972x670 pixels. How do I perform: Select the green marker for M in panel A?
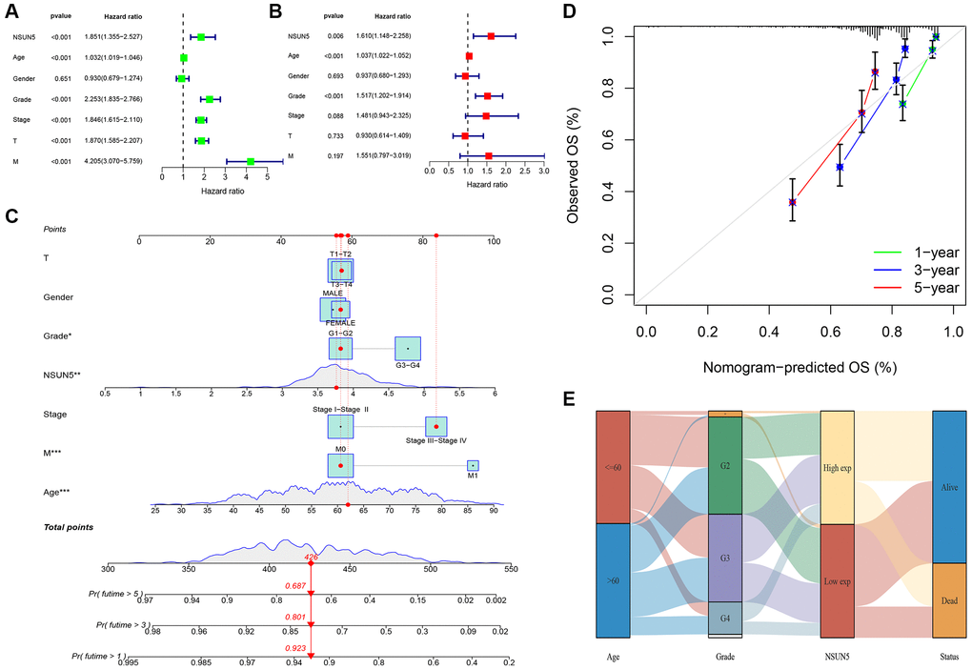click(x=251, y=162)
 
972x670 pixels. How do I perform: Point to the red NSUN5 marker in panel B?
click(x=491, y=36)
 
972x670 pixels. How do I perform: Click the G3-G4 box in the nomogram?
click(x=408, y=350)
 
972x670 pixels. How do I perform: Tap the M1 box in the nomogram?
click(x=473, y=465)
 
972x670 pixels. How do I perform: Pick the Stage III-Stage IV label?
click(x=435, y=440)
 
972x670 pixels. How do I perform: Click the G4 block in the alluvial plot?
click(x=725, y=618)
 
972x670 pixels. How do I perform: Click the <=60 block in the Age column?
click(x=613, y=467)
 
